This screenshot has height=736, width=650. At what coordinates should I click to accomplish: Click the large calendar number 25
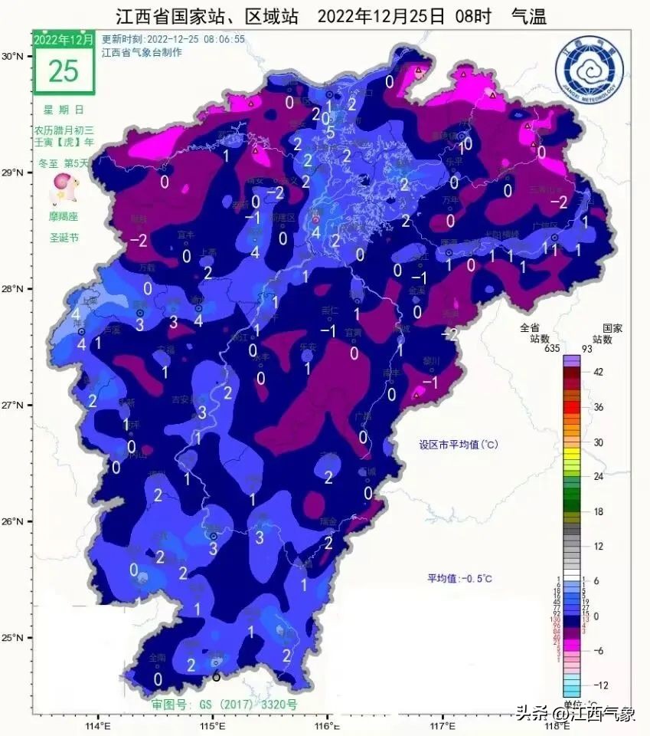coord(64,71)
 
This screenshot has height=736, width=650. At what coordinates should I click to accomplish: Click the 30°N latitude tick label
coord(13,57)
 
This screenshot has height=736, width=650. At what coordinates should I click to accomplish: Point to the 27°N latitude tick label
coord(13,406)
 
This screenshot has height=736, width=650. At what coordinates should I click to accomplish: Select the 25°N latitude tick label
coord(13,638)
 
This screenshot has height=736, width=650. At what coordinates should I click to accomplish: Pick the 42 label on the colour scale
coord(598,373)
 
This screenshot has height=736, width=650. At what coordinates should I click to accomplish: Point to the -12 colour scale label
coord(599,685)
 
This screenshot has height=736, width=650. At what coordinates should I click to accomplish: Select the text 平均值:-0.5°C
coord(460,578)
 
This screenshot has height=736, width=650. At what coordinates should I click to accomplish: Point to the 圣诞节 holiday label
coord(64,238)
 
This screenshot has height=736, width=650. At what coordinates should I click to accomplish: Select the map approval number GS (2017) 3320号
coord(224,704)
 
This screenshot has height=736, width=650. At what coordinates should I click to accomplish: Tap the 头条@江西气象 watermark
coord(574,715)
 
